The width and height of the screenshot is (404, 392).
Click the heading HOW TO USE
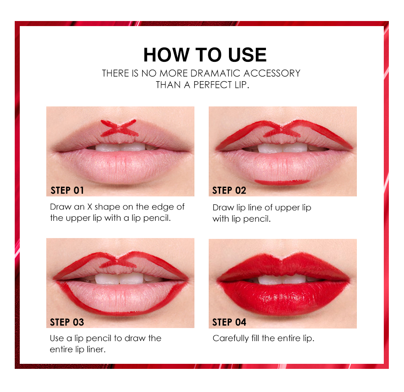pyautogui.click(x=205, y=55)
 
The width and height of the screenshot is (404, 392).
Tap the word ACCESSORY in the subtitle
pyautogui.click(x=272, y=74)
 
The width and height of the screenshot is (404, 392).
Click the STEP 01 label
pyautogui.click(x=67, y=191)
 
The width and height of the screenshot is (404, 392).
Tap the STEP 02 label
pyautogui.click(x=229, y=191)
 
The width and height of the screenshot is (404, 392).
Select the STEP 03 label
pyautogui.click(x=67, y=322)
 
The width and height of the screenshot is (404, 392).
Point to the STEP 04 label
pyautogui.click(x=229, y=322)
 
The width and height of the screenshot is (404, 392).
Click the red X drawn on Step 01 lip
pyautogui.click(x=119, y=128)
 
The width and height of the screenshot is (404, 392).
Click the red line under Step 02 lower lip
pyautogui.click(x=282, y=183)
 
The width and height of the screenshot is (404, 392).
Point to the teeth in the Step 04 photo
pyautogui.click(x=283, y=279)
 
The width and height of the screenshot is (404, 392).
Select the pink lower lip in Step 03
pyautogui.click(x=121, y=296)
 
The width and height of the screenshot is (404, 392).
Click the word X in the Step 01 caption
pyautogui.click(x=90, y=207)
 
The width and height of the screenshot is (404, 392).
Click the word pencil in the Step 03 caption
pyautogui.click(x=99, y=339)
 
